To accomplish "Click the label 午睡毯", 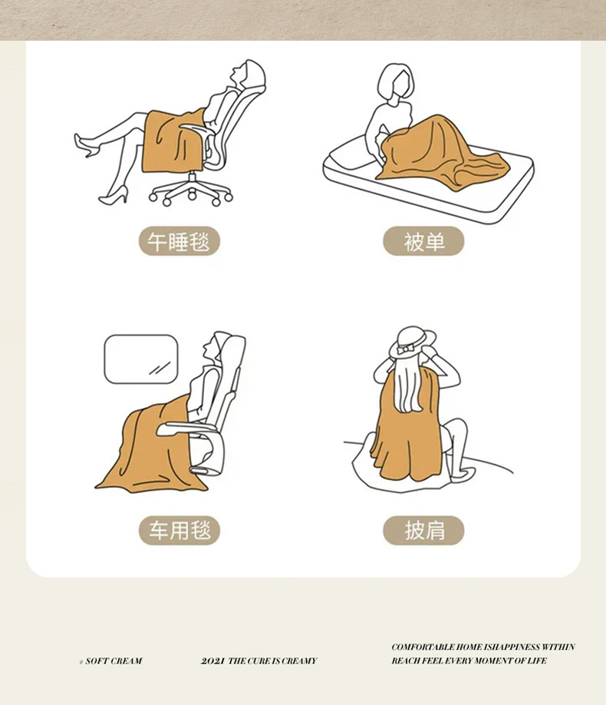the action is click(x=179, y=241).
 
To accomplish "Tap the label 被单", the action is click(x=423, y=241).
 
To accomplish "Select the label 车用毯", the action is click(x=179, y=531).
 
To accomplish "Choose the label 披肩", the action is click(x=423, y=531).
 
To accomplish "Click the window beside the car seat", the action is click(x=141, y=359).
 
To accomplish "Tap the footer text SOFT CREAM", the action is click(x=114, y=661).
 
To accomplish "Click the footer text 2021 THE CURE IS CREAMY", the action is click(x=259, y=661).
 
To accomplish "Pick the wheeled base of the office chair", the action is click(x=192, y=189).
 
